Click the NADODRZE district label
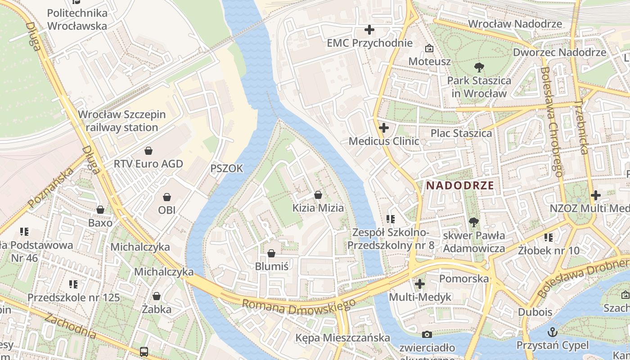(x=460, y=185)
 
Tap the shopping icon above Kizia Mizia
(x=318, y=195)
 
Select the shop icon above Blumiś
(x=271, y=253)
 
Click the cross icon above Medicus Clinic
(x=383, y=128)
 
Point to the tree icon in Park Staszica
(x=479, y=67)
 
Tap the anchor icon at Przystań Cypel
(x=552, y=333)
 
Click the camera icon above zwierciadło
(x=427, y=334)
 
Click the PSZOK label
(x=227, y=169)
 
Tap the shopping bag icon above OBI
(x=167, y=197)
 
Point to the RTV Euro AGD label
(x=148, y=164)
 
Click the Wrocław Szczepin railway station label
(x=122, y=121)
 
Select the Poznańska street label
(x=50, y=189)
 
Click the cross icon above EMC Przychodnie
(x=369, y=30)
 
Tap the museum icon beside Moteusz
(x=429, y=48)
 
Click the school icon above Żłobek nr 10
(x=548, y=237)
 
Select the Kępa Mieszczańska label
(x=342, y=337)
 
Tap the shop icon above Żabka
(x=157, y=296)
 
